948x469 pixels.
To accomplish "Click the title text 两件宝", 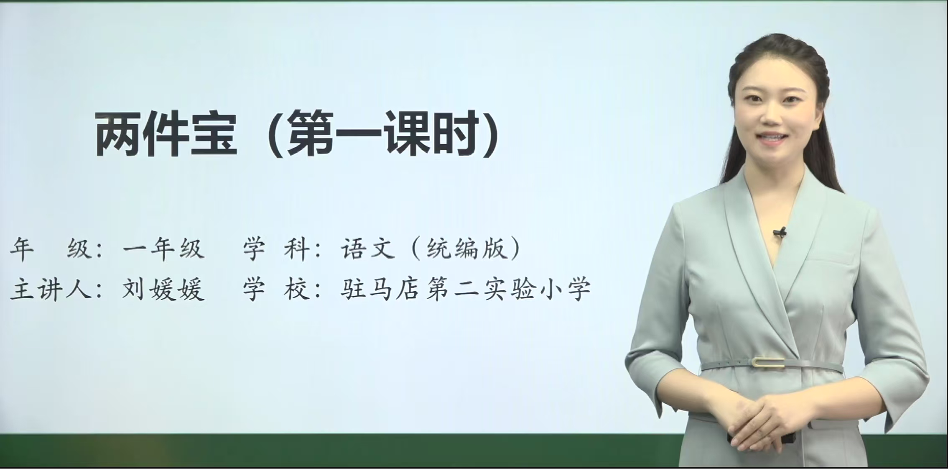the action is (x=167, y=134).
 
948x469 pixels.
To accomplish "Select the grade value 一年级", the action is (x=163, y=249).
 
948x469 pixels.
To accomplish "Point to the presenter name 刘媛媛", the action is (x=163, y=289).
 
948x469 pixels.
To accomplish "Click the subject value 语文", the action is (x=368, y=249).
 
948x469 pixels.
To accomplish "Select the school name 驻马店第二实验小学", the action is (x=466, y=289).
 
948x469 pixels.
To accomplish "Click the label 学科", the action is (x=276, y=249).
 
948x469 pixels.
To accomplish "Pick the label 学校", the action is (x=276, y=289).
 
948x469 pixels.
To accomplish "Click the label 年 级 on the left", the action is (x=50, y=249).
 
